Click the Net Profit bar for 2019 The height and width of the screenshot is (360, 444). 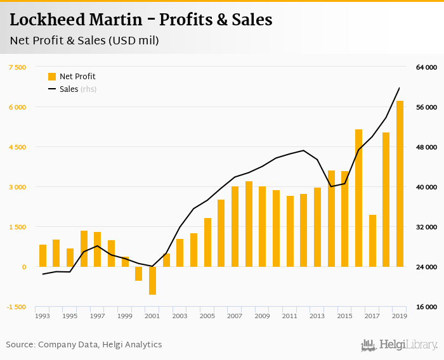[x=400, y=184]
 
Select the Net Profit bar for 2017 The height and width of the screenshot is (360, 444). [x=372, y=241]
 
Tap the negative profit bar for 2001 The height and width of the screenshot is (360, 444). [x=152, y=281]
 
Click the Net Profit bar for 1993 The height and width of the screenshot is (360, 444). [x=42, y=255]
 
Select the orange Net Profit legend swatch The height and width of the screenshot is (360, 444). [x=52, y=77]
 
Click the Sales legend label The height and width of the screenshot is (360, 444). [x=69, y=89]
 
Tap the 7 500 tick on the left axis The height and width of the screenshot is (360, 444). [x=17, y=67]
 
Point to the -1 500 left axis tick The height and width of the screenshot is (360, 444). [x=16, y=307]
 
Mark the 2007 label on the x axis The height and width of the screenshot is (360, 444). [x=235, y=316]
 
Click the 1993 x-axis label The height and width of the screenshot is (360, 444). [x=42, y=316]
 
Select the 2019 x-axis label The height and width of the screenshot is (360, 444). [x=400, y=316]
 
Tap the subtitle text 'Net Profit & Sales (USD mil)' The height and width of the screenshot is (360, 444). [x=84, y=41]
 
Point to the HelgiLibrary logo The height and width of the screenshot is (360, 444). [x=399, y=345]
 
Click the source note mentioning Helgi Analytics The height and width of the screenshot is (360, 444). [x=84, y=345]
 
